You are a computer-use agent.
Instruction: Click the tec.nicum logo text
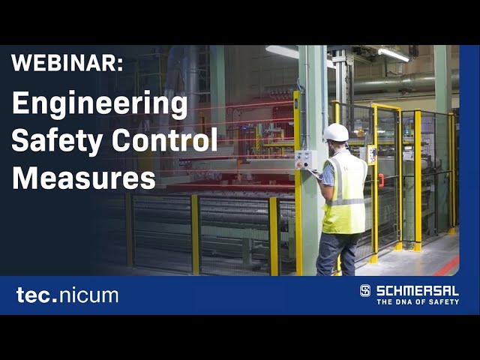coord(67,295)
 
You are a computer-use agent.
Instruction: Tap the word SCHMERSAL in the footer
coord(417,289)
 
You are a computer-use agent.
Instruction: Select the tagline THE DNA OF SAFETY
coord(417,301)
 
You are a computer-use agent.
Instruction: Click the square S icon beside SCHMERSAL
coord(365,290)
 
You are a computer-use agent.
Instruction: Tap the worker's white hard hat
coord(336,133)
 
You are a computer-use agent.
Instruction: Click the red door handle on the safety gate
coord(381,180)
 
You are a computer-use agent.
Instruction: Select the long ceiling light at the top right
coord(394,55)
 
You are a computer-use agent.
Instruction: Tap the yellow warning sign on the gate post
coord(371,154)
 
